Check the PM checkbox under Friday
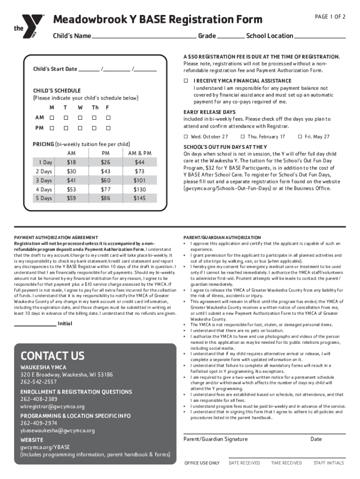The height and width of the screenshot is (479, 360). tap(108, 128)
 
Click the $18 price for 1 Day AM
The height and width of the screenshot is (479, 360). tap(72, 162)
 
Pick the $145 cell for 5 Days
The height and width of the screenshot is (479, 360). tap(139, 198)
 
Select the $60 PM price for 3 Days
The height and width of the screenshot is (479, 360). tap(106, 181)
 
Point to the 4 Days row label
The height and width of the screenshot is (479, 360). tap(43, 189)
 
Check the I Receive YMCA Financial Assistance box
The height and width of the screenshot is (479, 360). tap(185, 81)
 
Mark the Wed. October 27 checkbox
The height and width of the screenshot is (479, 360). tap(186, 137)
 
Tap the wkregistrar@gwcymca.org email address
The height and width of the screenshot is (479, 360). tap(52, 406)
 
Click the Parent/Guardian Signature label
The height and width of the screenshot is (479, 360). tap(215, 439)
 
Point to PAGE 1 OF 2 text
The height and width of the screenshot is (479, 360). tap(330, 17)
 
